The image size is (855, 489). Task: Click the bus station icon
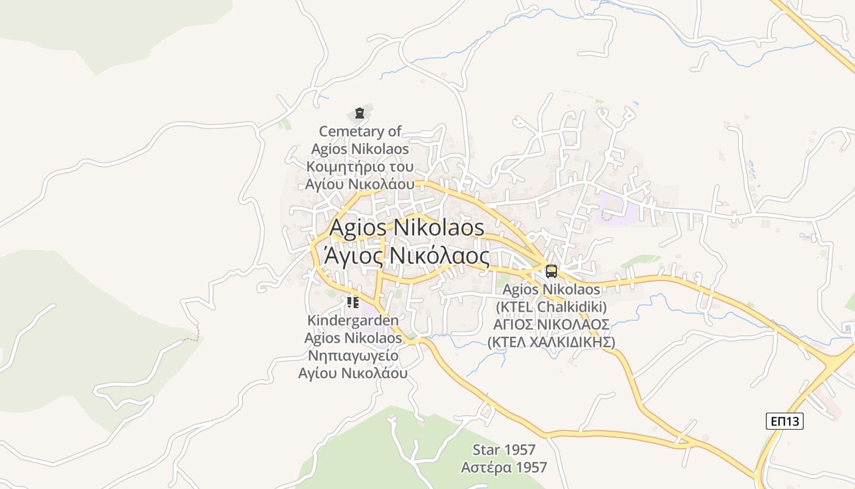[x=551, y=271]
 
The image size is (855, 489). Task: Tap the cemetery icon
[x=359, y=113]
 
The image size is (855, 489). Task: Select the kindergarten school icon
[x=352, y=302]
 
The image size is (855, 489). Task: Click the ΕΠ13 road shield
[x=785, y=421]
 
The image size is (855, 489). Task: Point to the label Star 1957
[x=504, y=450]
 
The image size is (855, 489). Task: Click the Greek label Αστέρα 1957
[x=504, y=468]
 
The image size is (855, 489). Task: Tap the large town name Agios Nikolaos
[x=407, y=228]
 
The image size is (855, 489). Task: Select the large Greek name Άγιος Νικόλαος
[x=407, y=256]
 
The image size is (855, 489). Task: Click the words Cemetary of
[x=360, y=131]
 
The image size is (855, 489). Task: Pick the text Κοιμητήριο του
[x=360, y=167]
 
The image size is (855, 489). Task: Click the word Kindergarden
[x=353, y=320]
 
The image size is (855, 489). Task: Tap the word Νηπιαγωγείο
[x=353, y=356]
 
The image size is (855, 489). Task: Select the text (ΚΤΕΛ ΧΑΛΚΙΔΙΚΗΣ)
[x=551, y=342]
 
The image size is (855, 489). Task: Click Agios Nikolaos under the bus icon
[x=551, y=289]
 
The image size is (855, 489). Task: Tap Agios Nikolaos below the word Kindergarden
[x=353, y=338]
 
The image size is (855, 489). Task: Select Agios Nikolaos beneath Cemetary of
[x=360, y=149]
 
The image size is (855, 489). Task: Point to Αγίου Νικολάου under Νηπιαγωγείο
[x=353, y=373]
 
